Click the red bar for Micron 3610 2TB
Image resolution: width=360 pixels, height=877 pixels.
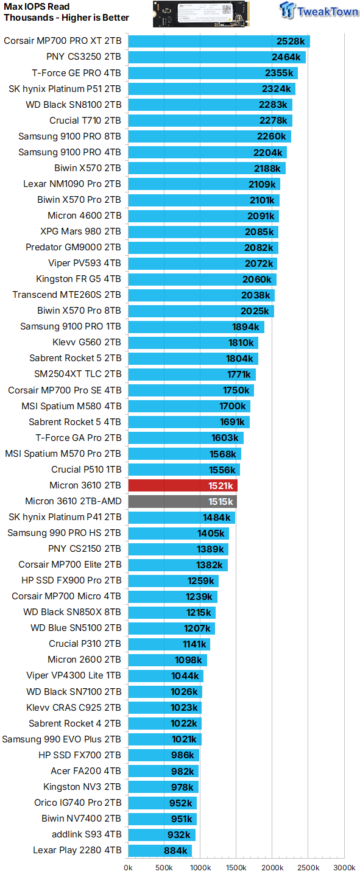pos(182,485)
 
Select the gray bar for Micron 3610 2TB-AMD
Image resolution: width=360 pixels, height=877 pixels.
pos(182,501)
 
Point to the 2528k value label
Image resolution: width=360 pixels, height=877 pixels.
pos(290,41)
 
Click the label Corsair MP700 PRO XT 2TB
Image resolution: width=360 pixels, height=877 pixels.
pos(62,41)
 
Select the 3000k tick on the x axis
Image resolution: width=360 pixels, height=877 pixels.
pos(344,867)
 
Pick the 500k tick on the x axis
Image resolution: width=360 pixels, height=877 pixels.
pos(164,867)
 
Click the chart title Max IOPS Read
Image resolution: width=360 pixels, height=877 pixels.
pos(37,7)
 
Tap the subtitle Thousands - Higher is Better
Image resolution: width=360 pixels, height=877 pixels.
pos(66,18)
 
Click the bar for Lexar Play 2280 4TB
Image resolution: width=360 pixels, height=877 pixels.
pos(160,850)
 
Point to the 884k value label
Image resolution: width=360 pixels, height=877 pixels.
pos(176,850)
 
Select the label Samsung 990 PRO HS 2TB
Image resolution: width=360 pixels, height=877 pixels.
pos(64,533)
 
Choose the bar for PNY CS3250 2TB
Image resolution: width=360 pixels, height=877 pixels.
pos(216,57)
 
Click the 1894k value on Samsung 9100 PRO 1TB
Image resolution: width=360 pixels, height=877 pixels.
pos(246,326)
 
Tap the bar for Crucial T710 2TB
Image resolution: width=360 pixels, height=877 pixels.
pos(210,121)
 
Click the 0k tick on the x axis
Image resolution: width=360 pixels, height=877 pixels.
pos(128,867)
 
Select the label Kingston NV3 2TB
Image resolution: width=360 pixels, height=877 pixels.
pos(82,787)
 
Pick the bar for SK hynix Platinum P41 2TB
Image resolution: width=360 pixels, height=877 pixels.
pos(181,517)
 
